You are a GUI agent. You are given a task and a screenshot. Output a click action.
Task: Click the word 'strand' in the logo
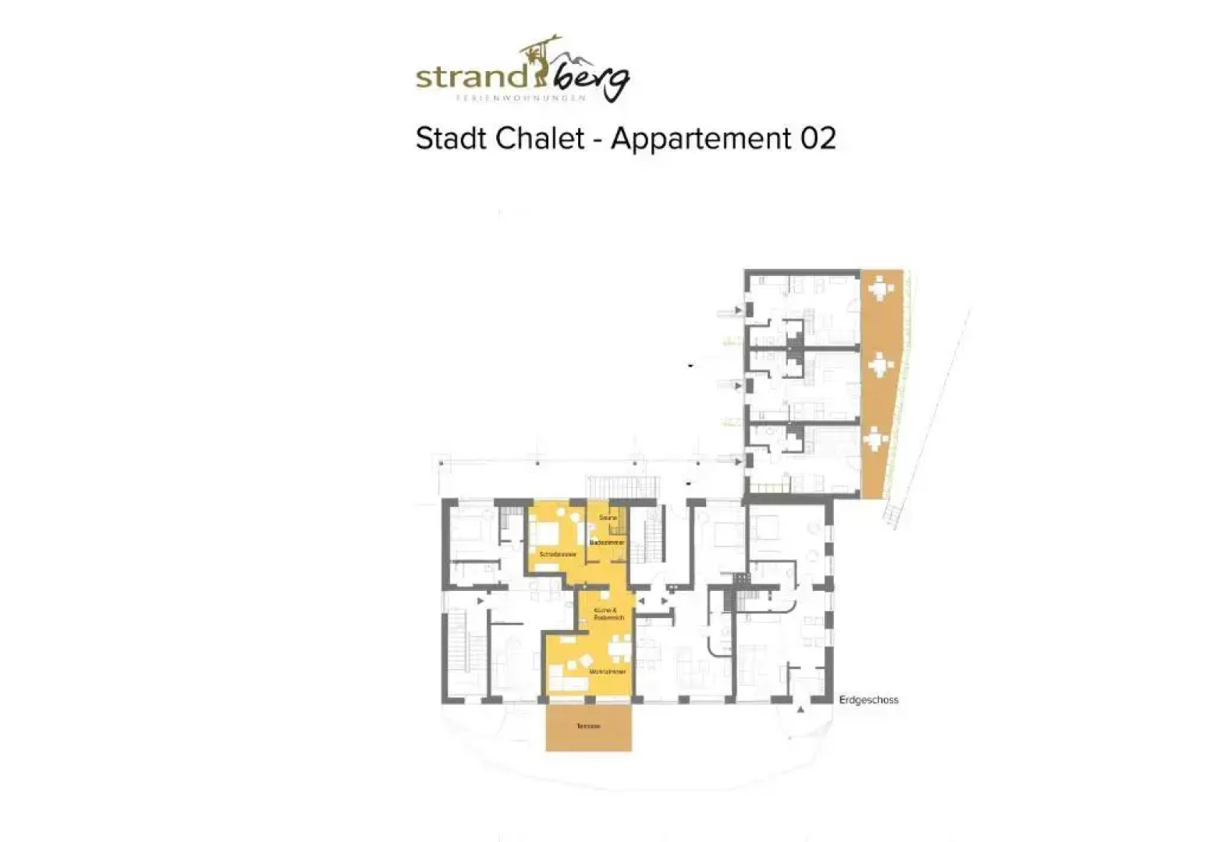(x=472, y=77)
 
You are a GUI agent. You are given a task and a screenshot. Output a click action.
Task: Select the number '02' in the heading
(x=818, y=139)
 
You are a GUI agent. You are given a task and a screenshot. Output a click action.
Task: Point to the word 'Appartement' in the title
(x=701, y=139)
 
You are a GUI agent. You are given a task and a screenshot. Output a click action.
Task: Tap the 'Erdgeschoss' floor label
(x=868, y=700)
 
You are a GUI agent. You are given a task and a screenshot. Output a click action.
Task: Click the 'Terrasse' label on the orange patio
(x=588, y=727)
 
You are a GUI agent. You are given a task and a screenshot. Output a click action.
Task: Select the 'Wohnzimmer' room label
(x=608, y=671)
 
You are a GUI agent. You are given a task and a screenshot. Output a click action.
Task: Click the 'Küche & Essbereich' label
(x=608, y=614)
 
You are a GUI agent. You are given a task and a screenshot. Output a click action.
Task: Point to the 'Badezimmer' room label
(x=607, y=542)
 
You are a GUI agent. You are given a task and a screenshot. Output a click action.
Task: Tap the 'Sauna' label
(x=608, y=518)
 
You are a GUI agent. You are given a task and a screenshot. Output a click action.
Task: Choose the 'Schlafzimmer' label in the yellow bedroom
(x=558, y=554)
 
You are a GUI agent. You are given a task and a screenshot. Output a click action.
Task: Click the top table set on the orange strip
(x=881, y=288)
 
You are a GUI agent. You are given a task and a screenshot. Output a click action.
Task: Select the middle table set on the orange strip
(x=881, y=365)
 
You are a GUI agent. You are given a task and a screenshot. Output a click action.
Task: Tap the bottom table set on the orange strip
(x=878, y=440)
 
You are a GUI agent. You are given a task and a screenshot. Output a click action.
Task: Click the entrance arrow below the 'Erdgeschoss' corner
(x=800, y=710)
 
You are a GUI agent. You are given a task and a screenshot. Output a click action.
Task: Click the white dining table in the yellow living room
(x=620, y=646)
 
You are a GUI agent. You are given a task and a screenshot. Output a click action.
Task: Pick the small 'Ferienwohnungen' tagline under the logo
(x=520, y=98)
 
